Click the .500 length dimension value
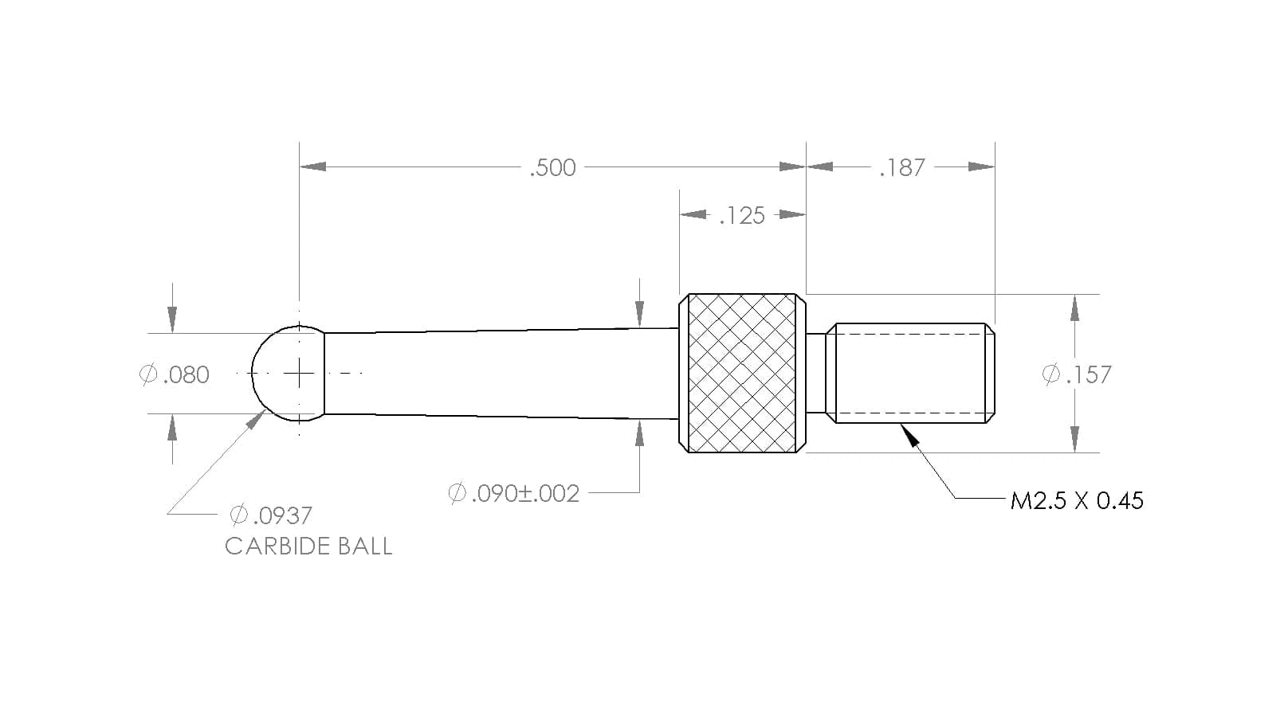click(552, 168)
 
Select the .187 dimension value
click(902, 168)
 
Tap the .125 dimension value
click(742, 216)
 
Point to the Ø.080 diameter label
click(175, 374)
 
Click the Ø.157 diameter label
click(1077, 374)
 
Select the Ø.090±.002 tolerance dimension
click(513, 494)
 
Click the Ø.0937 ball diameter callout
click(271, 515)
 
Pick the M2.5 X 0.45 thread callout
click(1077, 501)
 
